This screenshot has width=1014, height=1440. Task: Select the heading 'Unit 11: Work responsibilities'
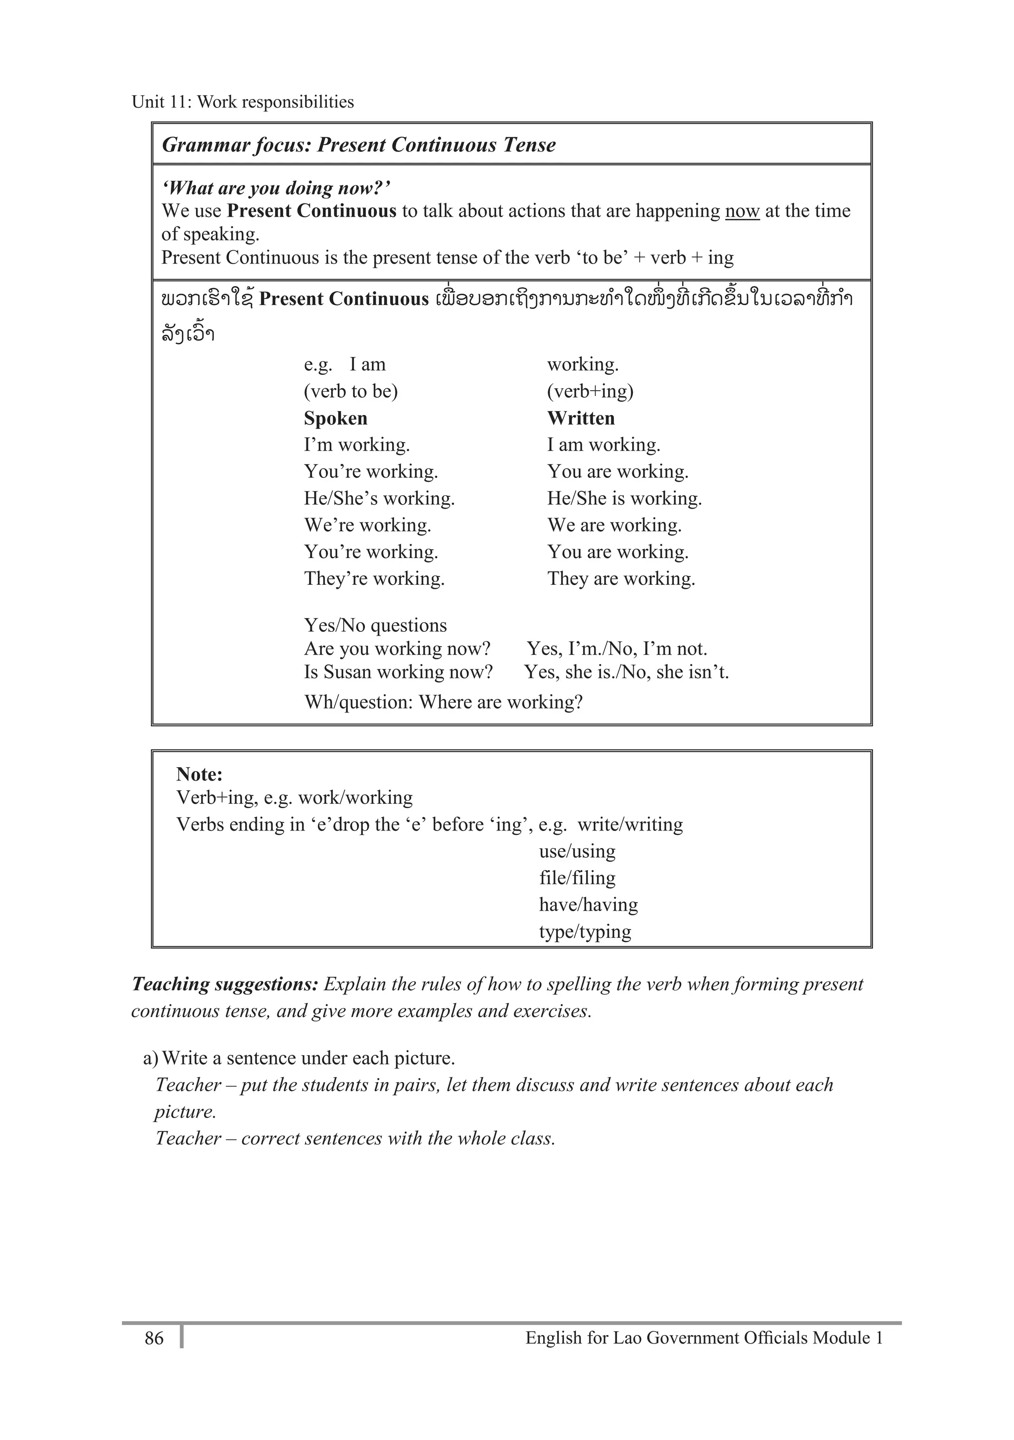243,102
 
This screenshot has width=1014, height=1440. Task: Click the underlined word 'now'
742,211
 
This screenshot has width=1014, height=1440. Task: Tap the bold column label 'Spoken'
336,418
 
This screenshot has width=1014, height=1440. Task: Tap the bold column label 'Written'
581,418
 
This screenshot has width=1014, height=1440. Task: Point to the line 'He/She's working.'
379,498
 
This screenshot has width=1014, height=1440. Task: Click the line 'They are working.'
621,578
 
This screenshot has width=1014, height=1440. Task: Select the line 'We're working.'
367,525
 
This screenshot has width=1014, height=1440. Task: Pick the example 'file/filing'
577,877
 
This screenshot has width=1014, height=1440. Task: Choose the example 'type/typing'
584,931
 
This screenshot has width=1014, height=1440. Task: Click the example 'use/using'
577,851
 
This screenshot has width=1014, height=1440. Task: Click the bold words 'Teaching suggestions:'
225,983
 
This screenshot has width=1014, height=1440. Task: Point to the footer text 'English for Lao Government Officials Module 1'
704,1338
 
